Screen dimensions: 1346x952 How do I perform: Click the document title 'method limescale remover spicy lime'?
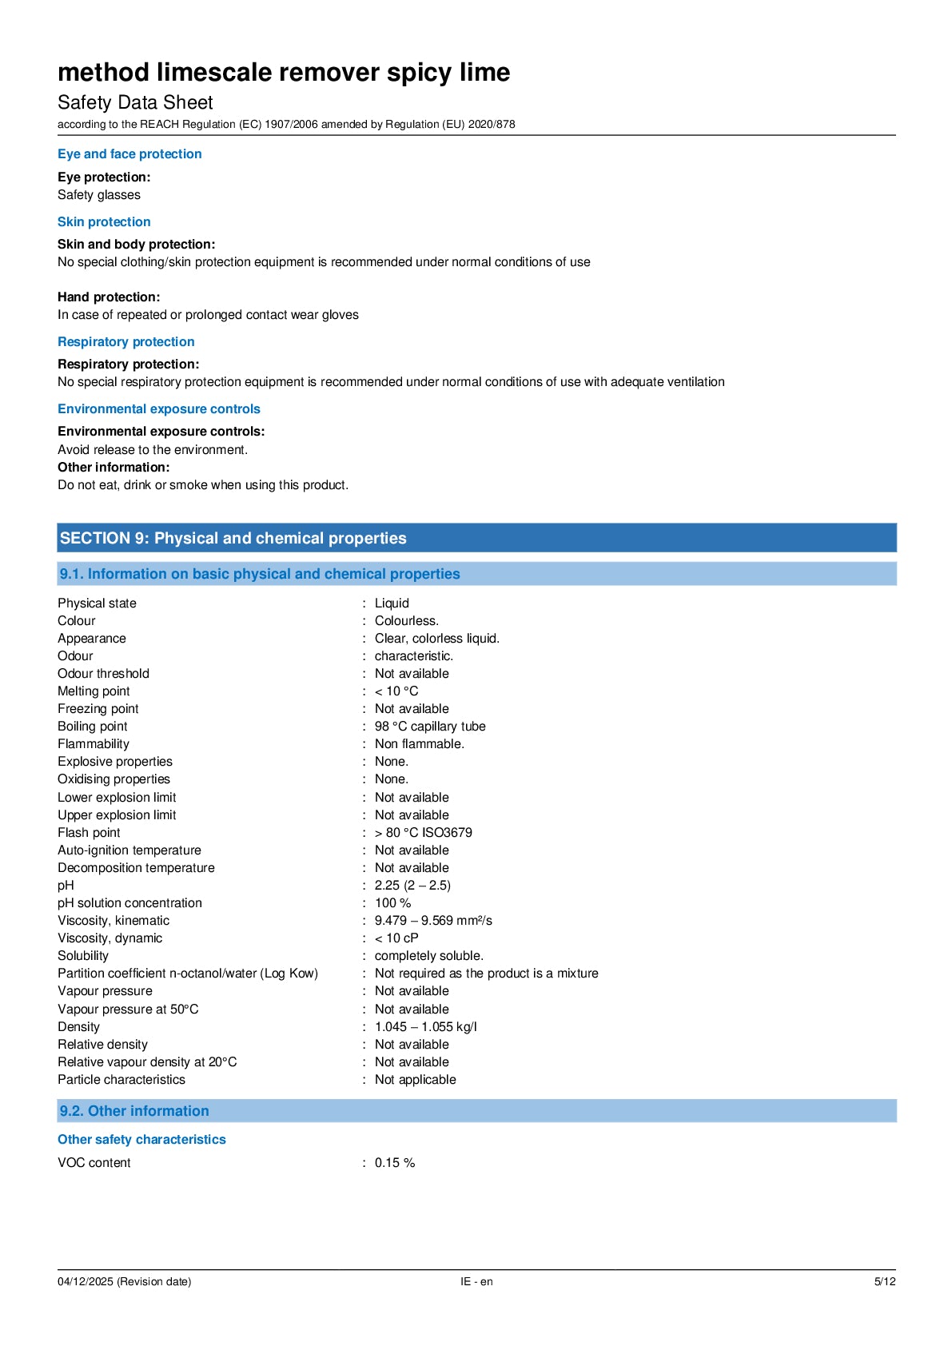point(284,73)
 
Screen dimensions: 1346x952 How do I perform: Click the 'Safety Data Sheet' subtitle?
point(135,102)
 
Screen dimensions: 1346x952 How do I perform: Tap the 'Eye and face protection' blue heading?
point(129,154)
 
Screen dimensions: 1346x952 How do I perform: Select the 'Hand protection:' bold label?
point(109,297)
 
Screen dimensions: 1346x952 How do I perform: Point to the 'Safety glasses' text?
point(99,195)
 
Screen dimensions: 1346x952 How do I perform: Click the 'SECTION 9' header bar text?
point(233,538)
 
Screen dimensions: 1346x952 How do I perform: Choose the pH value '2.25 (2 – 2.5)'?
point(412,886)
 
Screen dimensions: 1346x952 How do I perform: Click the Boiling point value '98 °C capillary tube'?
point(430,727)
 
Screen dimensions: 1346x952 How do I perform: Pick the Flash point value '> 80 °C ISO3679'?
point(423,833)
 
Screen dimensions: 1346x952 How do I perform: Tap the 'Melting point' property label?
point(94,691)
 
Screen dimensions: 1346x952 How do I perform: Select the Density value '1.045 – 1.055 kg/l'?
point(425,1027)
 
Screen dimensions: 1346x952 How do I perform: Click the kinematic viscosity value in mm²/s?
point(433,921)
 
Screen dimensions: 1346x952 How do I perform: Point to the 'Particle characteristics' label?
point(121,1080)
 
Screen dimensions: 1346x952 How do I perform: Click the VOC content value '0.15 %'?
point(395,1163)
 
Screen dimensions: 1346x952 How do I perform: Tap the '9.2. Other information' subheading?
point(134,1111)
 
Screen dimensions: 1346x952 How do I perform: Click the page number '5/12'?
point(885,1282)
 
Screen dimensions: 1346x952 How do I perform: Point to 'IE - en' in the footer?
point(476,1282)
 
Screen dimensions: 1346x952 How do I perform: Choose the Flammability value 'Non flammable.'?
point(420,744)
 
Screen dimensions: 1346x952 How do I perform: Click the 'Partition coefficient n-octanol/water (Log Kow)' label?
point(188,974)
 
